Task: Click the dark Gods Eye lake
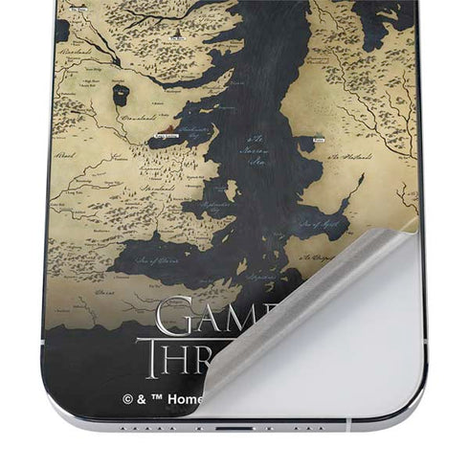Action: coord(120,94)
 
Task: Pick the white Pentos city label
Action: coord(320,140)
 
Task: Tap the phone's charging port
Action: coord(234,428)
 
